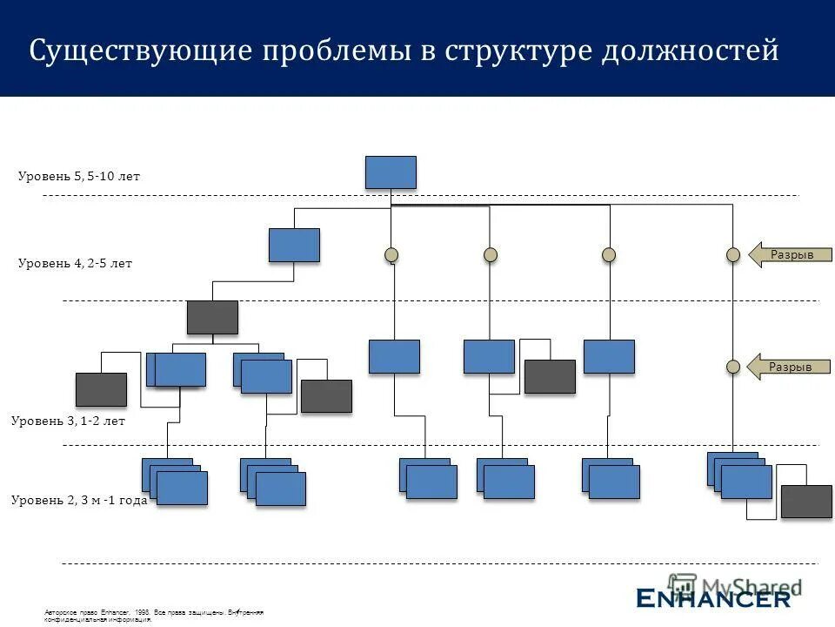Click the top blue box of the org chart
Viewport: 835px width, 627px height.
point(391,172)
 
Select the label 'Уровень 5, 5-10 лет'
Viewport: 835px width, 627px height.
point(78,177)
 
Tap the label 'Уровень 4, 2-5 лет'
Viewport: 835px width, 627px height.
point(75,264)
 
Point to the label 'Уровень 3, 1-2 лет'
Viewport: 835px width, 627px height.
point(68,421)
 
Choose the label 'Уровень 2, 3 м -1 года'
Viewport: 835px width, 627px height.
point(78,501)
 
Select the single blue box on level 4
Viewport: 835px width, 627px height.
point(294,245)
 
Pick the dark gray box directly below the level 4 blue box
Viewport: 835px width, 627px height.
point(212,317)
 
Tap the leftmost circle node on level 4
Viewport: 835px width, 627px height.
point(391,254)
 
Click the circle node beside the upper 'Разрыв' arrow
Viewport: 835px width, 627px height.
point(733,254)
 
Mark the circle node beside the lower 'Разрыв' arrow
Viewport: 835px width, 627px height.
point(733,367)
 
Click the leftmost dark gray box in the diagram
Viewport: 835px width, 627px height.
point(101,389)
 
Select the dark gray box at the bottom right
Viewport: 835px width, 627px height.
point(806,502)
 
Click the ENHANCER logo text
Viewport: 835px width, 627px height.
point(713,597)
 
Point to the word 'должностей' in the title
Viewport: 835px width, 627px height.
point(690,51)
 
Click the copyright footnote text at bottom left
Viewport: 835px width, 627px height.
point(152,617)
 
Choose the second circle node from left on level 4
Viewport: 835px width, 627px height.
point(491,254)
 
